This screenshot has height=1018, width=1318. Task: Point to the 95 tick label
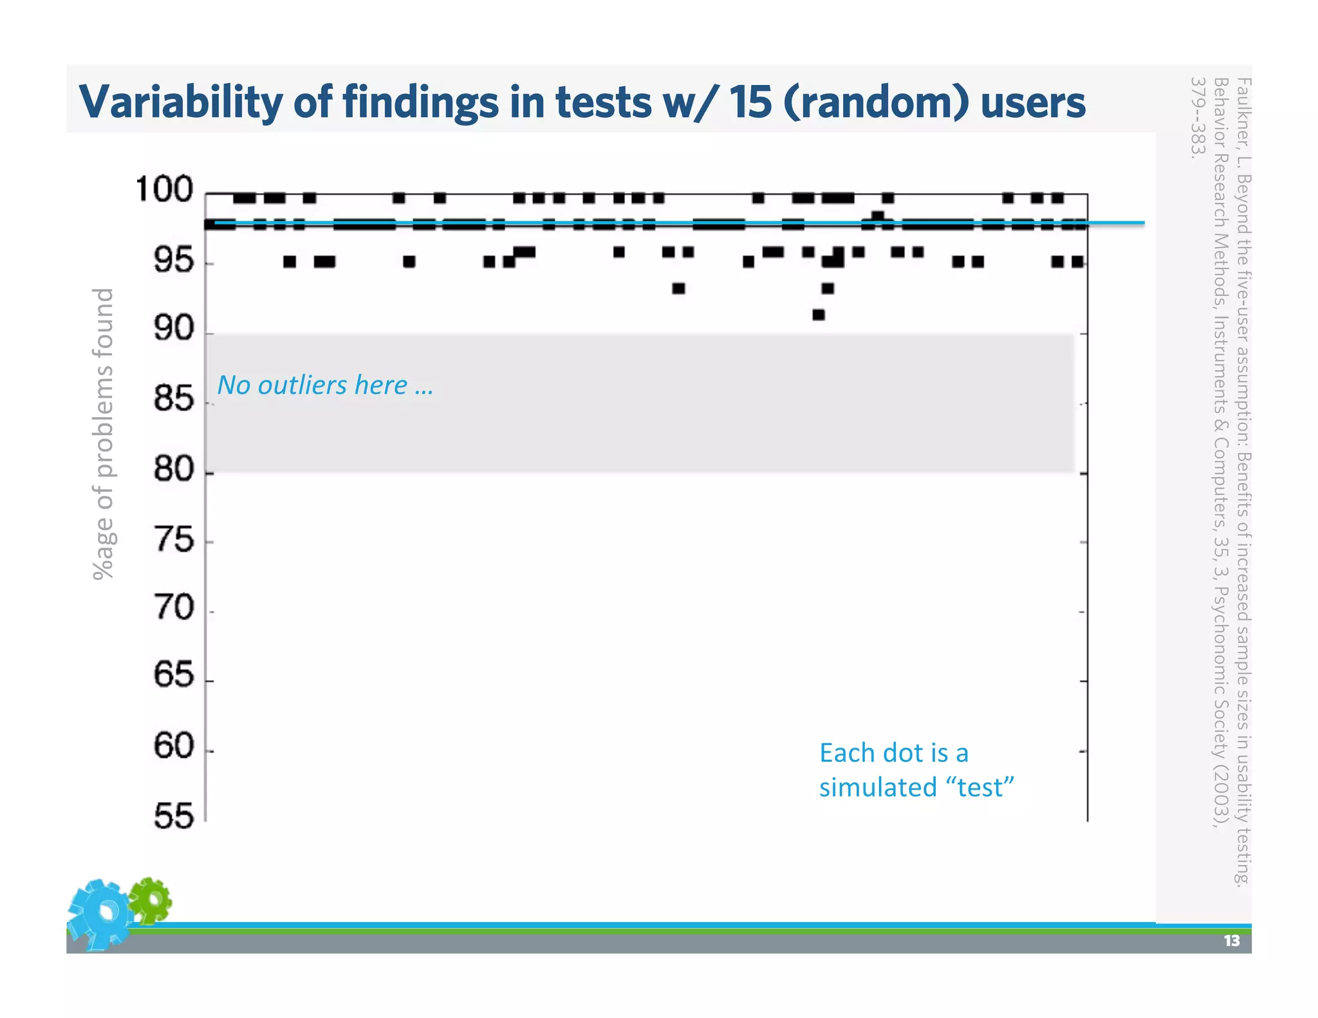173,261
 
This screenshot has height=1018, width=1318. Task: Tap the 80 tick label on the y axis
173,469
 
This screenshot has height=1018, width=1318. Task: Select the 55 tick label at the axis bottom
173,817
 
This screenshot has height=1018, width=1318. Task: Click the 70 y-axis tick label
173,607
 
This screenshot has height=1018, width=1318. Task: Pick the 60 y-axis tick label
173,746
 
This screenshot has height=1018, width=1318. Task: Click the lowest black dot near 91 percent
819,315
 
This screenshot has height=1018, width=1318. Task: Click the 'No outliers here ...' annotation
325,385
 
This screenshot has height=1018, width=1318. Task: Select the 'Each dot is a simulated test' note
915,770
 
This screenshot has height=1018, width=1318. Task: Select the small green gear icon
151,900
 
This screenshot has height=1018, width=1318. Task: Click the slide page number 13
1231,941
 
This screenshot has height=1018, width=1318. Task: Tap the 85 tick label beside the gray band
173,399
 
